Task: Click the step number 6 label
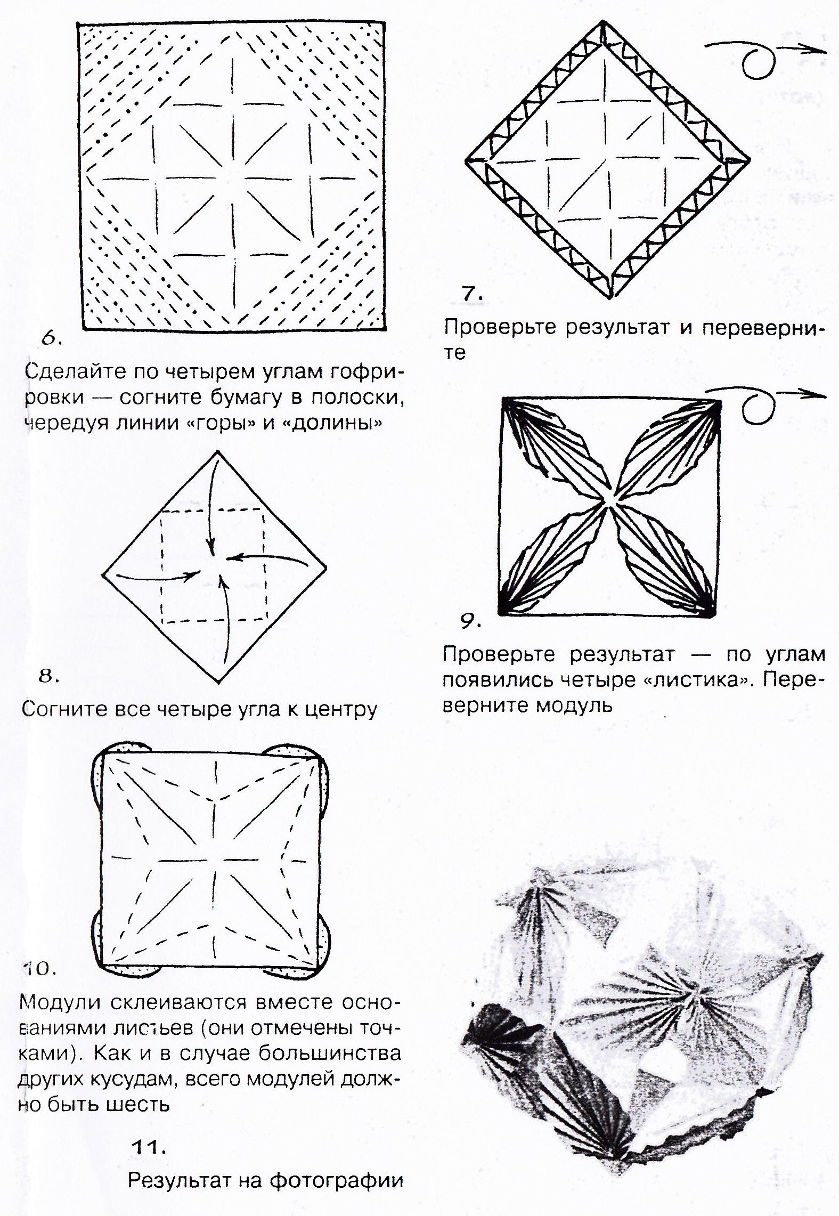coord(51,339)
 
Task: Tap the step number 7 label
coord(473,294)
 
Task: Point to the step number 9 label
coord(471,621)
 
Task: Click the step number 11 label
coord(149,1147)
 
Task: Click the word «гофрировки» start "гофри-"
coord(365,372)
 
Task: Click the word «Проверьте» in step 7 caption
coord(501,328)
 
